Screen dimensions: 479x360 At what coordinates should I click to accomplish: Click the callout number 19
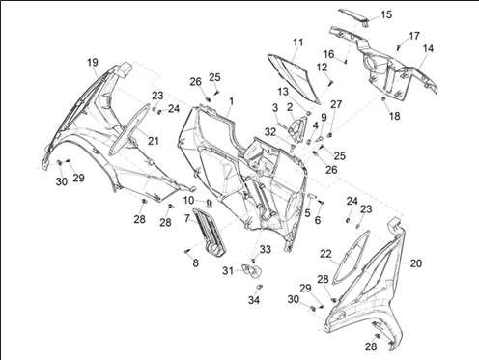(x=93, y=62)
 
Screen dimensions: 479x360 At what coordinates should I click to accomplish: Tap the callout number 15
(x=386, y=14)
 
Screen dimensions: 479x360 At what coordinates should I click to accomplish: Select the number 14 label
(x=428, y=48)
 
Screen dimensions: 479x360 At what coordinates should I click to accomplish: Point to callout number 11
(x=298, y=42)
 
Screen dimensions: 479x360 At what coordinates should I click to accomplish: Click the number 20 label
(x=416, y=263)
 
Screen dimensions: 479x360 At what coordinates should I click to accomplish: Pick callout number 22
(x=325, y=254)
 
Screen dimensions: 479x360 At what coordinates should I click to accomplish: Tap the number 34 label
(x=254, y=300)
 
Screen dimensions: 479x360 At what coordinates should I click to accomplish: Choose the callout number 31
(x=228, y=271)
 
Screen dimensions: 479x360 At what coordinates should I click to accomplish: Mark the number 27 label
(x=336, y=104)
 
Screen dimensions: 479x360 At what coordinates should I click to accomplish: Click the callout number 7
(x=187, y=218)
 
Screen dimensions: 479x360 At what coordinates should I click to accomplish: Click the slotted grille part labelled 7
(x=210, y=232)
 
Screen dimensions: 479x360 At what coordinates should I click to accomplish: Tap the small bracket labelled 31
(x=251, y=270)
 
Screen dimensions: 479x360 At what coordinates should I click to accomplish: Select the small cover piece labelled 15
(x=353, y=15)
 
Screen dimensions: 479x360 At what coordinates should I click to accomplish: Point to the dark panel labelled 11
(x=294, y=77)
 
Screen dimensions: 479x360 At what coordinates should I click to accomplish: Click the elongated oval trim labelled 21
(x=129, y=129)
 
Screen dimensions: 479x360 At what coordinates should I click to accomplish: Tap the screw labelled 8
(x=187, y=251)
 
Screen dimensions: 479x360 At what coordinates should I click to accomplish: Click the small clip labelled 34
(x=259, y=287)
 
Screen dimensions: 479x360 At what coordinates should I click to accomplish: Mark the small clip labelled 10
(x=209, y=203)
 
